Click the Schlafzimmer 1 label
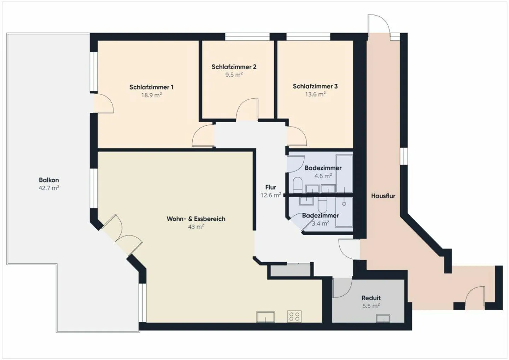[x=151, y=87]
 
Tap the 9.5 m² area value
[x=234, y=75]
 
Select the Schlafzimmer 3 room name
[x=315, y=86]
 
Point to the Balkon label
[x=49, y=180]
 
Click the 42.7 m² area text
[x=49, y=188]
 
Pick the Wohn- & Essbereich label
[x=196, y=219]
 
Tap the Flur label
[x=271, y=187]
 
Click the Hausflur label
[x=383, y=196]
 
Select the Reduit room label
[x=371, y=298]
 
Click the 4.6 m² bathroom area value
[x=323, y=176]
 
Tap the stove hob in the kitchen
[x=294, y=317]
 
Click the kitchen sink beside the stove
[x=265, y=317]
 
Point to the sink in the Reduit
[x=383, y=318]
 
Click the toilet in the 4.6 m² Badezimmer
[x=298, y=185]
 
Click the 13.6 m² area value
[x=315, y=94]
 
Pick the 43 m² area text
[x=196, y=227]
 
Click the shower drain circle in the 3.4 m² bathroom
[x=344, y=204]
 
